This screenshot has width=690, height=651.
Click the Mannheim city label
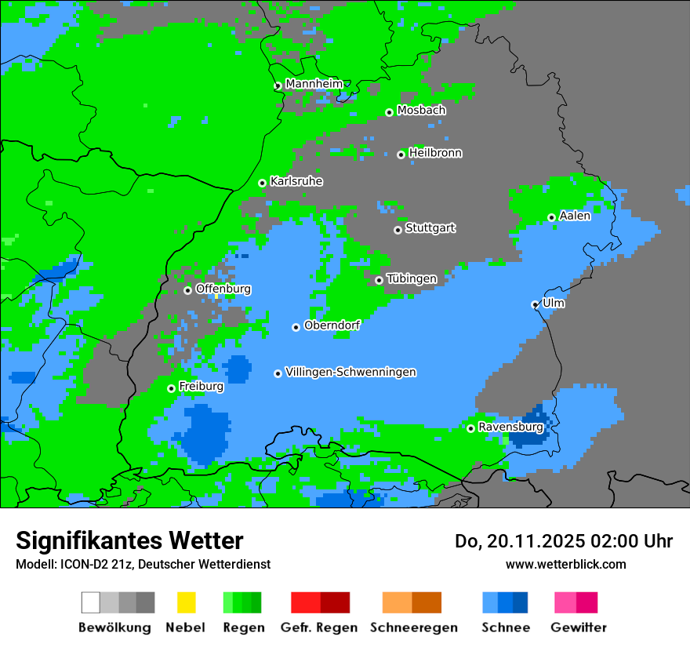[314, 84]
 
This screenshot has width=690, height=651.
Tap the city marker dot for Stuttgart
[398, 230]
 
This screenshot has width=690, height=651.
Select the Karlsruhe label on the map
[296, 181]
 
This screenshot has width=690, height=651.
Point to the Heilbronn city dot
[401, 155]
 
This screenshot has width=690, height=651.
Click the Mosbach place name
[421, 111]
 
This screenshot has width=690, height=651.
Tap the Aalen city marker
[551, 217]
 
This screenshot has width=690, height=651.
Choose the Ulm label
[554, 303]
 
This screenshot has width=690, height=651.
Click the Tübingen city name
[412, 278]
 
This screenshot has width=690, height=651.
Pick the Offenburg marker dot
[187, 290]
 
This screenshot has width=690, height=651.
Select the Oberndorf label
[332, 325]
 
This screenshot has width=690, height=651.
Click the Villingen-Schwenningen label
[350, 372]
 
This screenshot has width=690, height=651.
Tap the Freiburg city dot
[171, 388]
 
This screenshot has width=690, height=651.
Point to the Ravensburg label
[510, 427]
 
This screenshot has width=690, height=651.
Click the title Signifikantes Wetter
[129, 540]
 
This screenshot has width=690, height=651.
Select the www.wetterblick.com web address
[565, 564]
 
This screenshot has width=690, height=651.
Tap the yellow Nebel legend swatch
[185, 602]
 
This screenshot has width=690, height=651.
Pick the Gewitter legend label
[578, 627]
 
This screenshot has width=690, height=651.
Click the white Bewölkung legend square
[90, 602]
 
